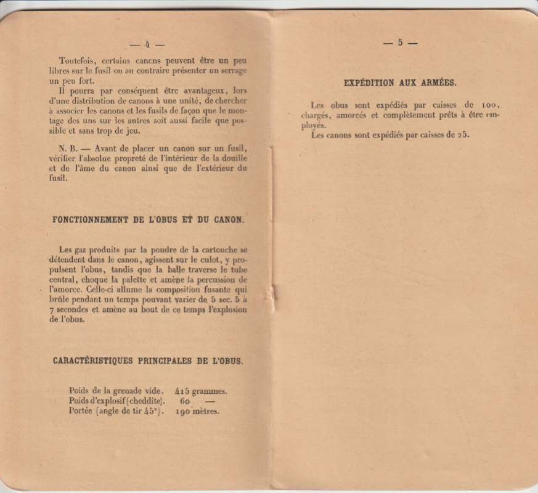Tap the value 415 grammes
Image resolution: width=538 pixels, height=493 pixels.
click(x=201, y=390)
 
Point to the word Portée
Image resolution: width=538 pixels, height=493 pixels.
click(x=83, y=411)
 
